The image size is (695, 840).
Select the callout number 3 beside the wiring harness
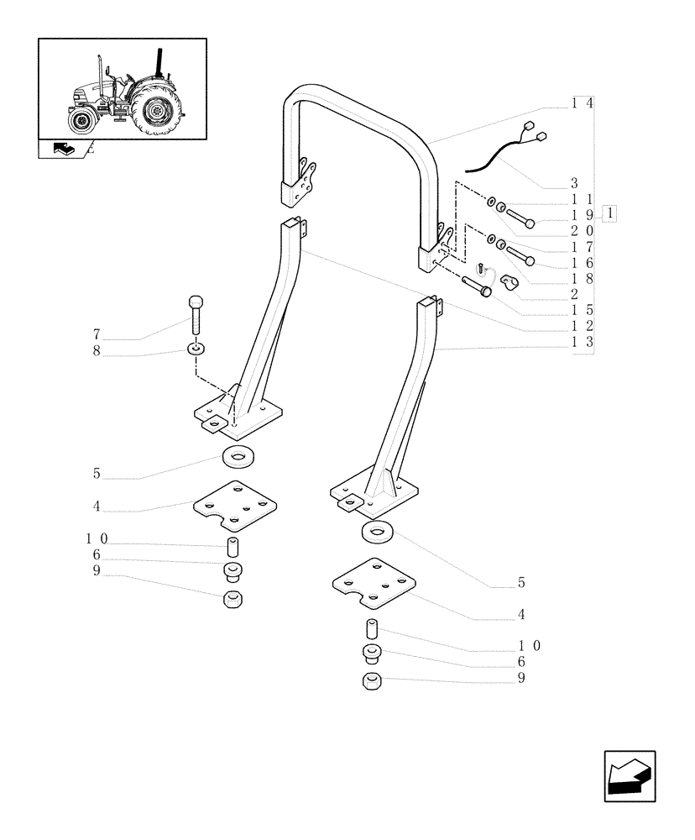(x=551, y=183)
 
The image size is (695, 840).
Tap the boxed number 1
(x=609, y=213)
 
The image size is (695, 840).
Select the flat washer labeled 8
(x=196, y=347)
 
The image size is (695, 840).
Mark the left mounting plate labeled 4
(x=235, y=506)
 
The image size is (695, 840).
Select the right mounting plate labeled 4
(x=374, y=583)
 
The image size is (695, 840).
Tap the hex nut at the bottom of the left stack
(x=234, y=600)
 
